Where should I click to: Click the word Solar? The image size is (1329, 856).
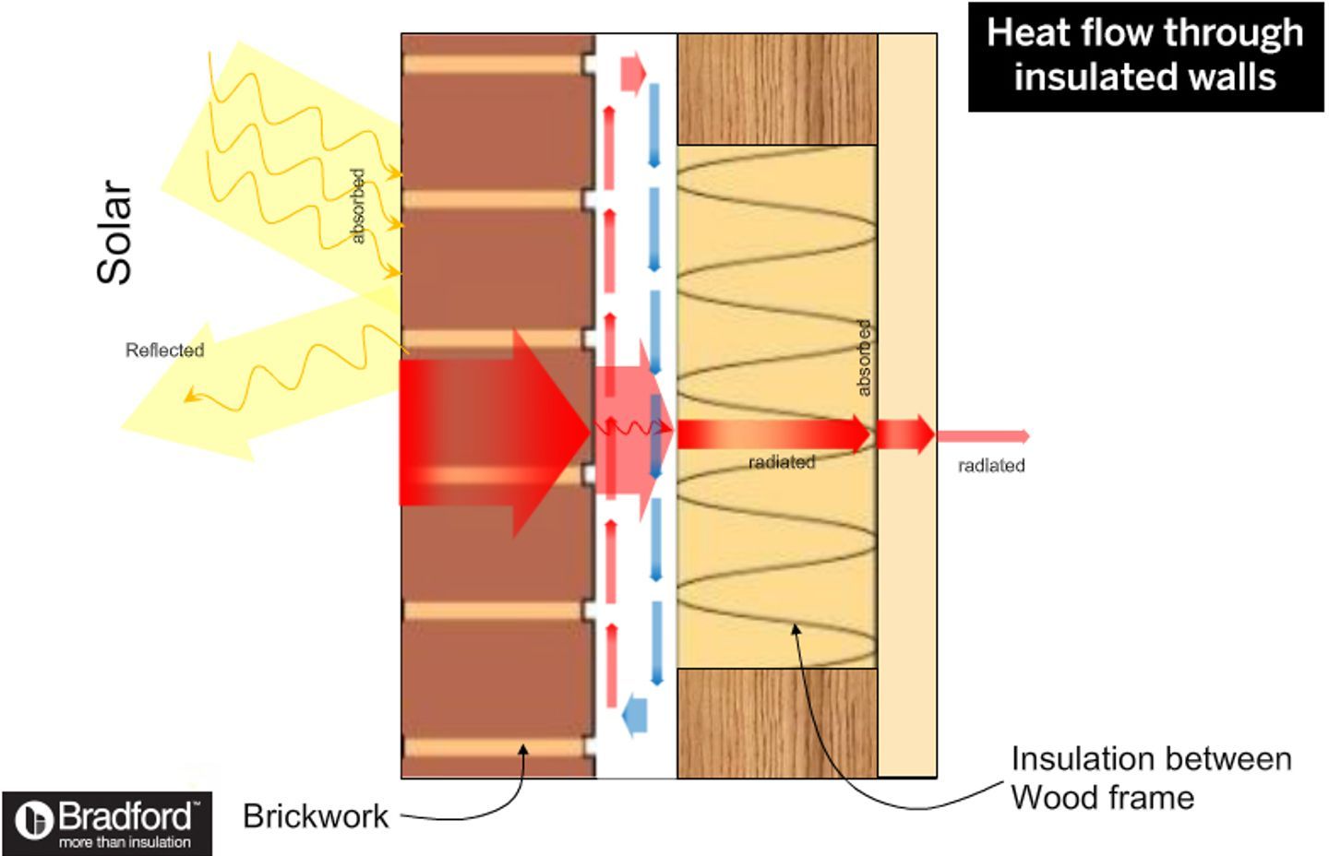[114, 232]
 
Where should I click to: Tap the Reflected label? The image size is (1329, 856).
[165, 351]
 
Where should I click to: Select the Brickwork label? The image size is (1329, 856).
[316, 816]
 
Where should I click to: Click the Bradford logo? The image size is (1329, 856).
[107, 824]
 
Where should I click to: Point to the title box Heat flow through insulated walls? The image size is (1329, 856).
[1145, 57]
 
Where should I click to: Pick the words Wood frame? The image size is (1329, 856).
[1102, 797]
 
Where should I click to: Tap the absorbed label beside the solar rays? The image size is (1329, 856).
[358, 207]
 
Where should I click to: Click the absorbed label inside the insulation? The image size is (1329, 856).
[865, 358]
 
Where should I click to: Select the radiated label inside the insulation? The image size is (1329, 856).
[782, 462]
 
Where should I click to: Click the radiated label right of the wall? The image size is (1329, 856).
[991, 466]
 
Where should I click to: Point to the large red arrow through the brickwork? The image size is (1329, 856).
[495, 434]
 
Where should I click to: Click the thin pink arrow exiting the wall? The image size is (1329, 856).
[983, 436]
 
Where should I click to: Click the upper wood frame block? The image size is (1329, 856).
[777, 89]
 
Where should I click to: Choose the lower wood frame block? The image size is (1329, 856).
[777, 723]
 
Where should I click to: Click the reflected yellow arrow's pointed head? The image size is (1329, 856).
[122, 427]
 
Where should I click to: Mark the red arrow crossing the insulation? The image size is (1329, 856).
[773, 434]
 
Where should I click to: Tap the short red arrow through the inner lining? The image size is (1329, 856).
[905, 434]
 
